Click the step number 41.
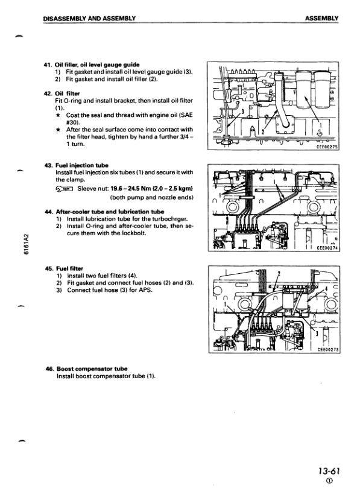48,64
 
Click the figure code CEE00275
328,146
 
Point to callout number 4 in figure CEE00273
326,289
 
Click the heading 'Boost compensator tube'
91,368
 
